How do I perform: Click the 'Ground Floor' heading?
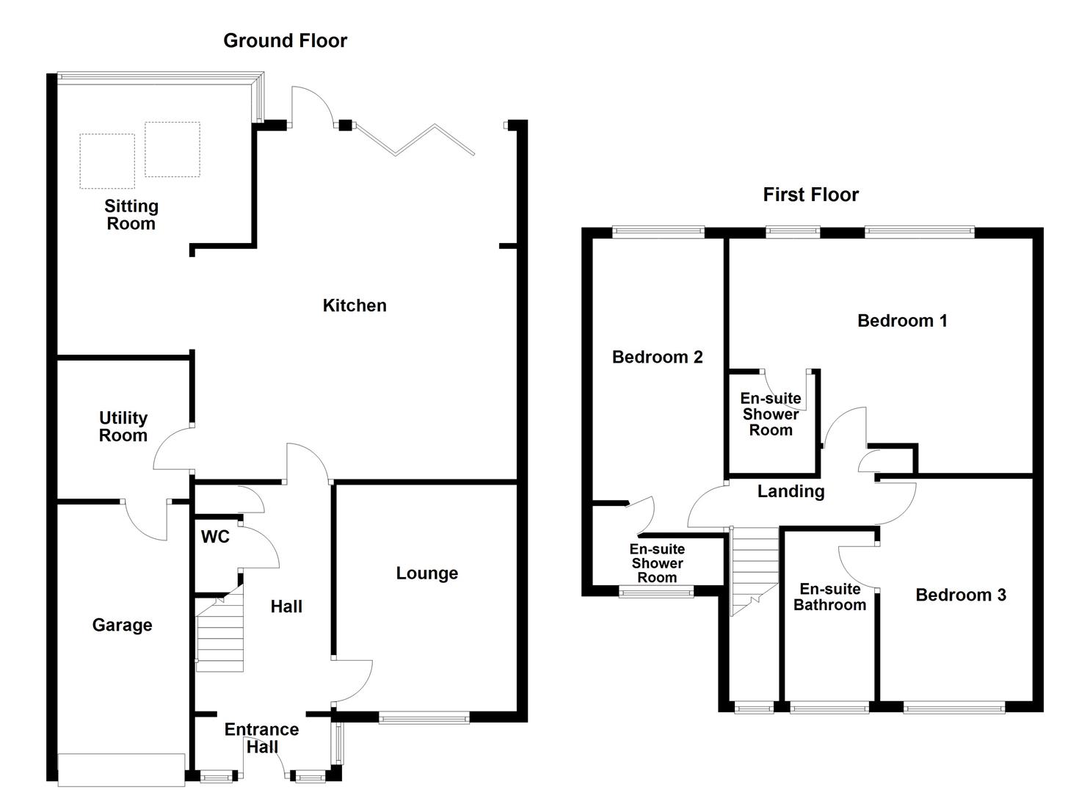[285, 40]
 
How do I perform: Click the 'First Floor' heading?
[810, 195]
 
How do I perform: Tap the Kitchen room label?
[355, 305]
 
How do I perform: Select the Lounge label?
[426, 573]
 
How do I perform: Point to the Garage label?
[122, 625]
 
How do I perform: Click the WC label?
[215, 537]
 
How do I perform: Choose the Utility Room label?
[123, 427]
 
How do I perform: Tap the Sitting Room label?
[131, 215]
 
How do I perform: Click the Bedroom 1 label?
[902, 321]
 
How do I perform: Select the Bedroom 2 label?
[657, 357]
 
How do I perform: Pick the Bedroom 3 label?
[960, 595]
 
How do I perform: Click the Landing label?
[791, 491]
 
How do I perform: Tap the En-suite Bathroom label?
[829, 597]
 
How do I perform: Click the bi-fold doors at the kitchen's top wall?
[415, 140]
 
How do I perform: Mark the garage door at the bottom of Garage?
[121, 769]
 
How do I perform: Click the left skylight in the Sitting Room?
[107, 161]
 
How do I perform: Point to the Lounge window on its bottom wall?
[424, 717]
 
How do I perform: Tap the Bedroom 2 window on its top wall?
[658, 232]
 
